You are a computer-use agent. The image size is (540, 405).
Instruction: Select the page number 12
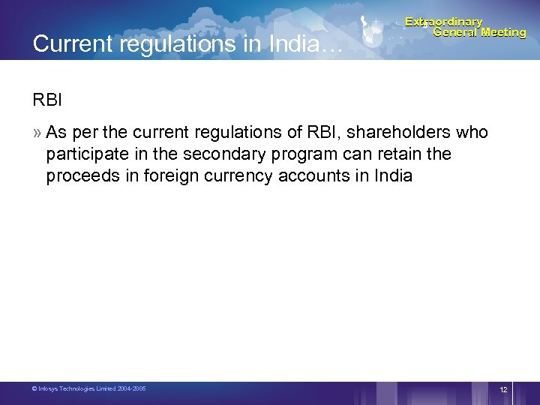pos(503,390)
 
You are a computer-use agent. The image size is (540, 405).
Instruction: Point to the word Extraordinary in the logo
pos(444,22)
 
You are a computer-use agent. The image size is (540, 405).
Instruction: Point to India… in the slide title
pos(307,44)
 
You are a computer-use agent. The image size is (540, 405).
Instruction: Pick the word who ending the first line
pos(472,133)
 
